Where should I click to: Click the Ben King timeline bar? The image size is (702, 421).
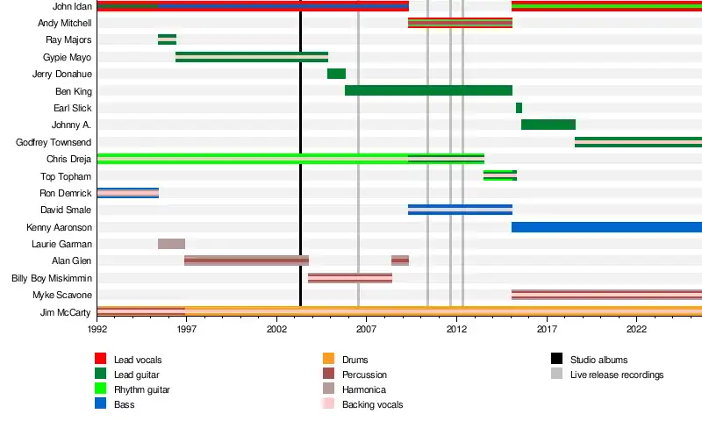pyautogui.click(x=428, y=90)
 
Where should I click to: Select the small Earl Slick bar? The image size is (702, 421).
pyautogui.click(x=519, y=108)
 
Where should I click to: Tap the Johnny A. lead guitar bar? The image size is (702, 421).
pyautogui.click(x=548, y=125)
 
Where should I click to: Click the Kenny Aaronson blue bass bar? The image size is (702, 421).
pyautogui.click(x=605, y=227)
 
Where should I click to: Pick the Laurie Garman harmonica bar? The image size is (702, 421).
pyautogui.click(x=171, y=244)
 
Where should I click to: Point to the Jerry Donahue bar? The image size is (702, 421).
pyautogui.click(x=336, y=74)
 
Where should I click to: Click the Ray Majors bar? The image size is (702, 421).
pyautogui.click(x=167, y=39)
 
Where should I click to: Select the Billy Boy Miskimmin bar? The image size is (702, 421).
pyautogui.click(x=350, y=278)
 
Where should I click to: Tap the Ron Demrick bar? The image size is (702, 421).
pyautogui.click(x=127, y=193)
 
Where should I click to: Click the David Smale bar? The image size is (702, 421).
pyautogui.click(x=460, y=210)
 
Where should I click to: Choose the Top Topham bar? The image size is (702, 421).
pyautogui.click(x=499, y=175)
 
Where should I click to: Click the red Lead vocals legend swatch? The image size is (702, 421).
pyautogui.click(x=101, y=360)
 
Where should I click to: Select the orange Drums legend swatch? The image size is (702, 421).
pyautogui.click(x=329, y=360)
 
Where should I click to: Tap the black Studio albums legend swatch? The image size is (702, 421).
pyautogui.click(x=557, y=360)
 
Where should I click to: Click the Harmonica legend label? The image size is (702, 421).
pyautogui.click(x=363, y=389)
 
